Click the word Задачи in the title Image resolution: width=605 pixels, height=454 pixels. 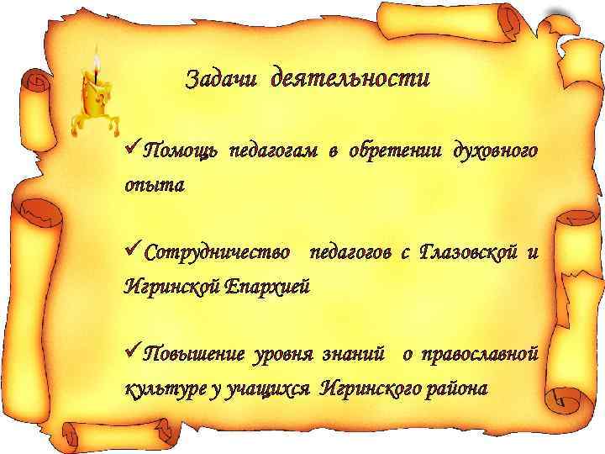[222, 80]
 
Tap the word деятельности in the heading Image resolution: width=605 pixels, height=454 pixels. [350, 80]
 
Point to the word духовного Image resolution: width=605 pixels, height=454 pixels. [495, 150]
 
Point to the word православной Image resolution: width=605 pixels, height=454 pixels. [481, 353]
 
